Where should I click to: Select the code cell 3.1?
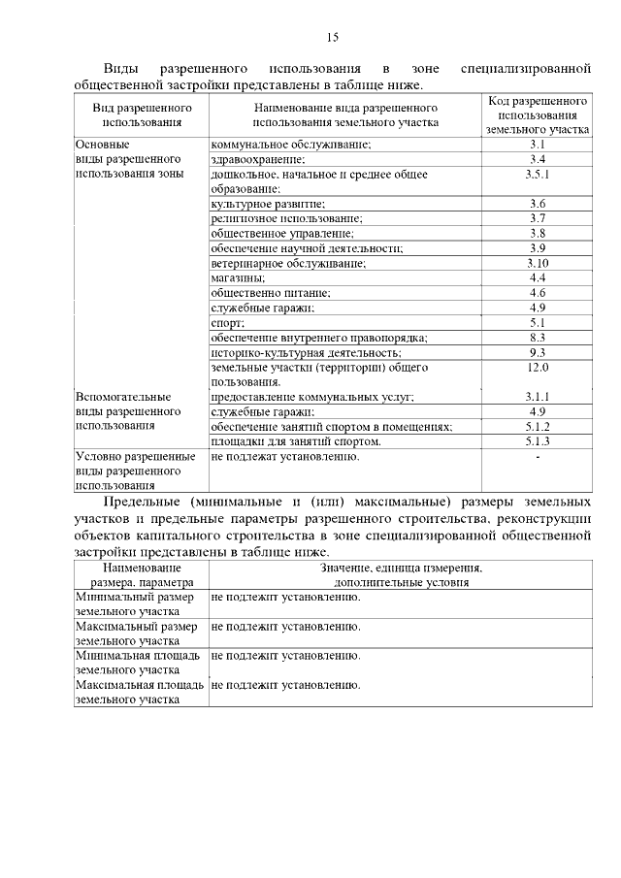[538, 145]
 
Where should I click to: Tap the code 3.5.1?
[538, 175]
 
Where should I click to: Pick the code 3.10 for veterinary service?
[538, 263]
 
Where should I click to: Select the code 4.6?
[538, 293]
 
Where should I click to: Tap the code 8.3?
[538, 338]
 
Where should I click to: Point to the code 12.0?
[538, 368]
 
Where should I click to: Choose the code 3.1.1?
[538, 397]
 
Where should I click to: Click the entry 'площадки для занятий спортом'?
[295, 441]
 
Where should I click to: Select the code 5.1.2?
[538, 427]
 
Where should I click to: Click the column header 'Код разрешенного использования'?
[538, 114]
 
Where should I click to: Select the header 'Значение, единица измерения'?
[400, 567]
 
